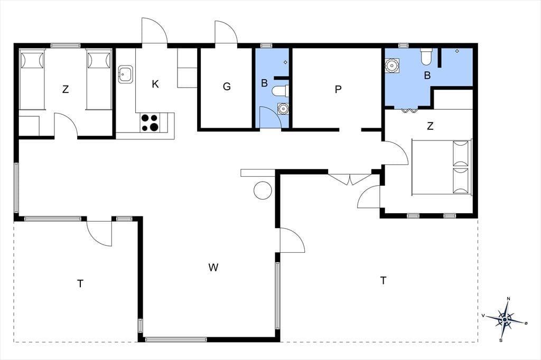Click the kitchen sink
(x=126, y=74)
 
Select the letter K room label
(x=155, y=84)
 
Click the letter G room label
(x=227, y=86)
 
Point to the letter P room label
(x=338, y=89)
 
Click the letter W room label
(x=213, y=267)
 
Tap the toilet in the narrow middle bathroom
(x=280, y=91)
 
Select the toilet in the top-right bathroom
(x=426, y=56)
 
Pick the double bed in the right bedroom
(x=442, y=167)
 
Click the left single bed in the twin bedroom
(x=32, y=80)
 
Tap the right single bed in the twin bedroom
(x=99, y=80)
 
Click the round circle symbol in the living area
(x=263, y=190)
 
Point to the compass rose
(x=505, y=319)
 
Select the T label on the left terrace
(x=80, y=284)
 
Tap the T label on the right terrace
(x=383, y=281)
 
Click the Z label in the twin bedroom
(x=66, y=89)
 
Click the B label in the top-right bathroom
(x=427, y=75)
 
